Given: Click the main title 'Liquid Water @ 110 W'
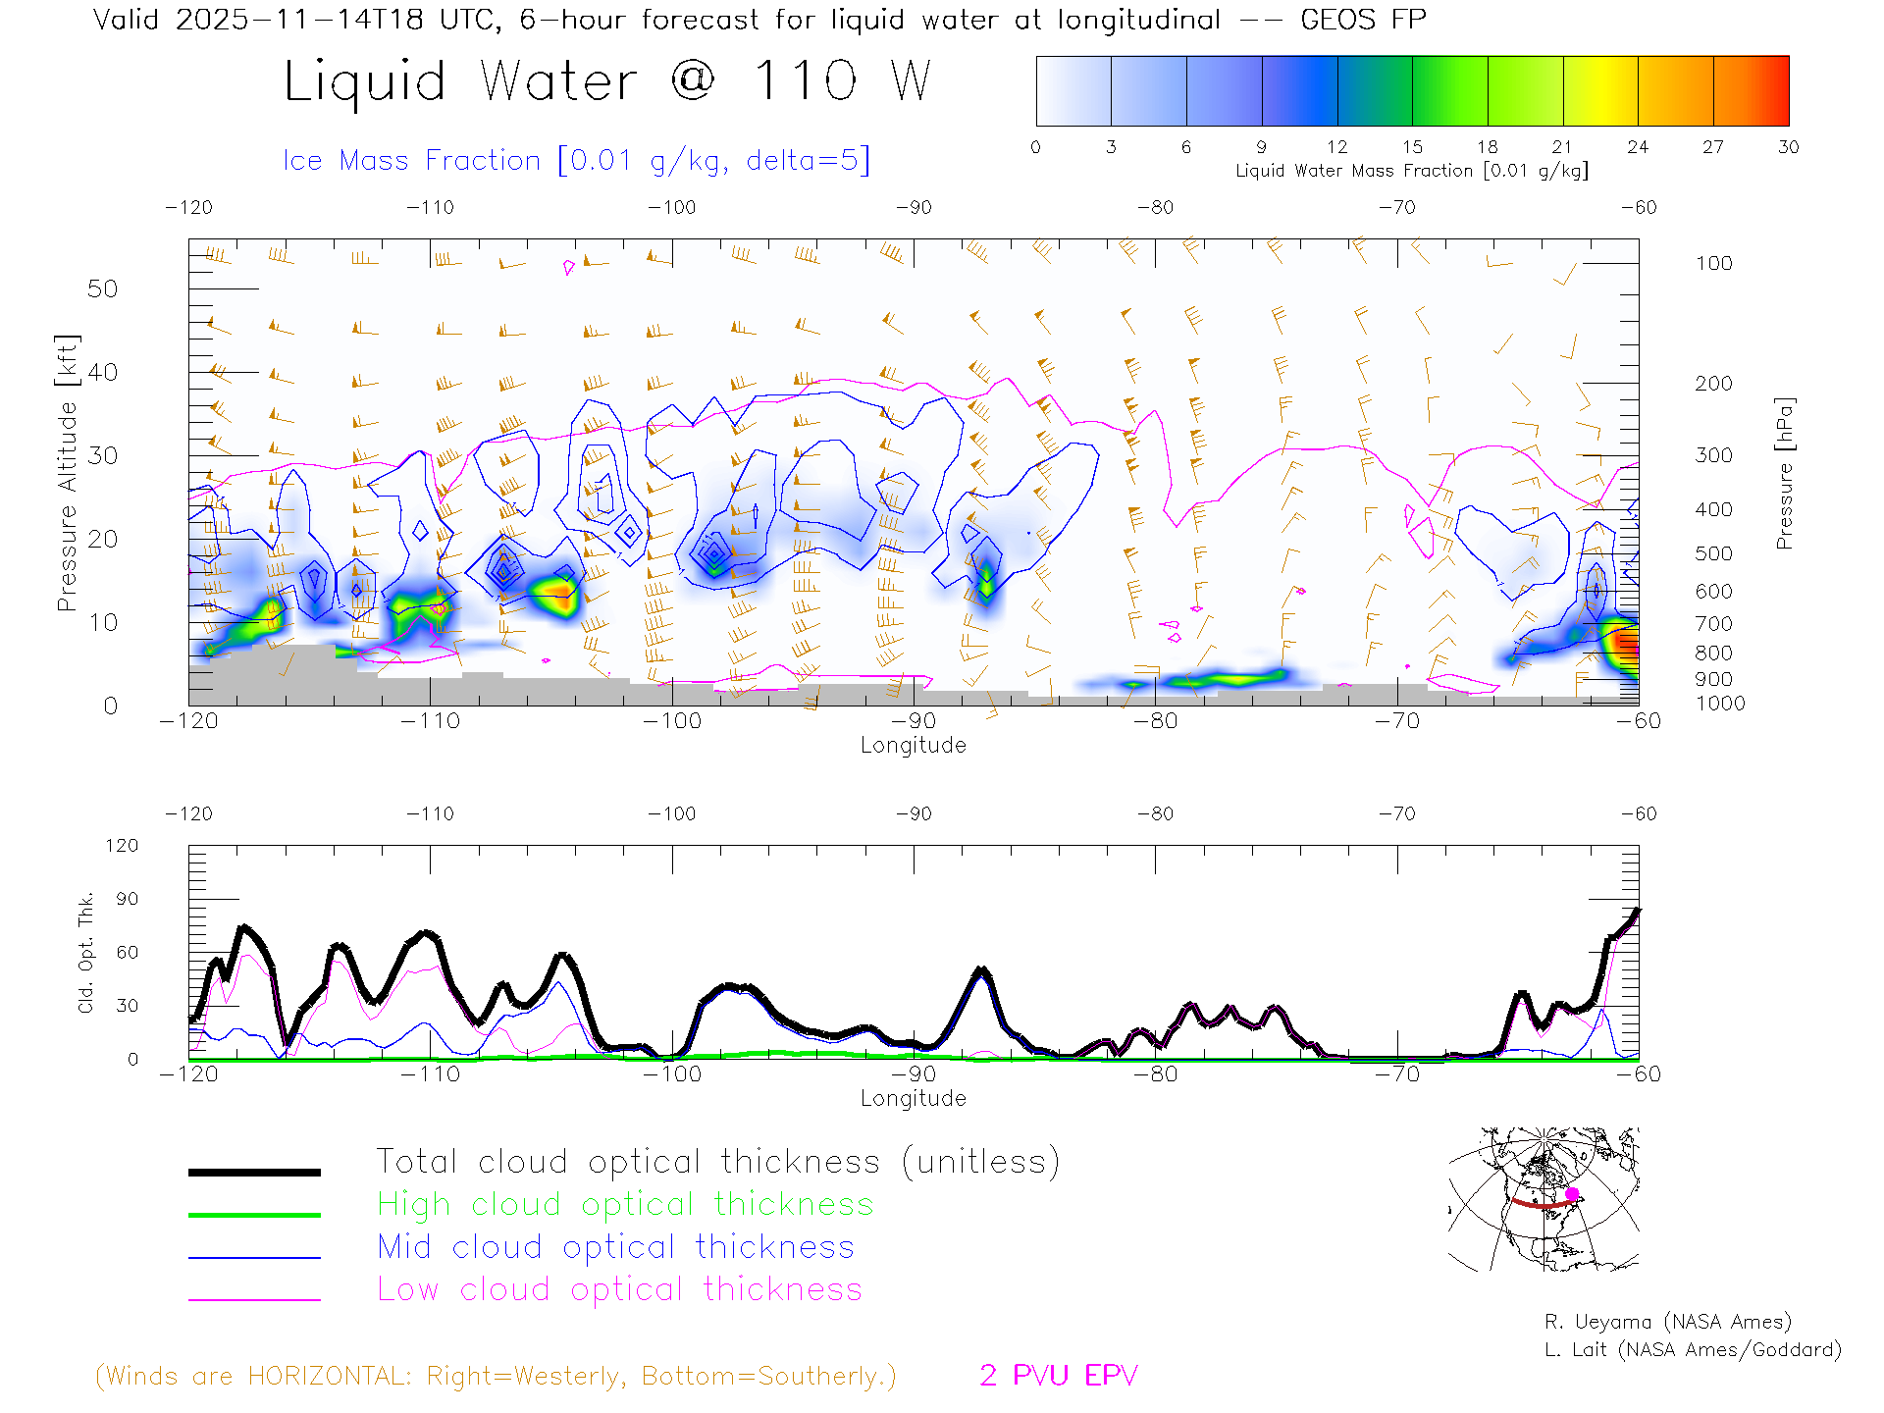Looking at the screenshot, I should tap(606, 81).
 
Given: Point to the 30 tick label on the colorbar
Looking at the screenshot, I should tap(1788, 147).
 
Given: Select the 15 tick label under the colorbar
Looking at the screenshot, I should tap(1412, 147).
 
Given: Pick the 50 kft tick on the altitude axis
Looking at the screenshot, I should tap(102, 288).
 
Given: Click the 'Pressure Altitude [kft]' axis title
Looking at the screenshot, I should tap(67, 473).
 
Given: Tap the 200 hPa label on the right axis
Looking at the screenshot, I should tap(1713, 384).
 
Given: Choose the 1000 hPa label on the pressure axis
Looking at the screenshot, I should tap(1720, 704).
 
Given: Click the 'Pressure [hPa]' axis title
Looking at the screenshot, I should tap(1785, 473).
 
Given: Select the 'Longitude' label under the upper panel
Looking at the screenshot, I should tap(913, 746).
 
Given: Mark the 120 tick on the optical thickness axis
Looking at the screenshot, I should tap(123, 846).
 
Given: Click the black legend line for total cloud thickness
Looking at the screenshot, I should tap(254, 1172).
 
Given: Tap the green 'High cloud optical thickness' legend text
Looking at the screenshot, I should tap(625, 1204).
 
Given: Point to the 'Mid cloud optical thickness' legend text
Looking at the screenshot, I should tap(616, 1247).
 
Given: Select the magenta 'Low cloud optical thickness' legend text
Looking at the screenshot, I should tap(619, 1289).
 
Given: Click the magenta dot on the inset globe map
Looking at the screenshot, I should tap(1572, 1194).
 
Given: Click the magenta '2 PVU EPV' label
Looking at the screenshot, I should tap(1058, 1376).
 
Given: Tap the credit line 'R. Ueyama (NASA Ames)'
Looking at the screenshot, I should tap(1667, 1322).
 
